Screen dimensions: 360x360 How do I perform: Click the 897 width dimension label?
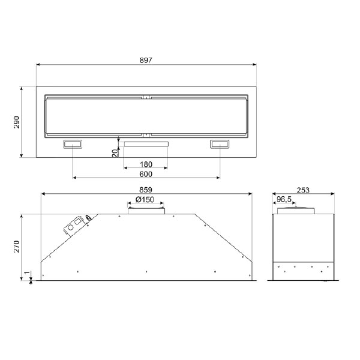tap(146, 60)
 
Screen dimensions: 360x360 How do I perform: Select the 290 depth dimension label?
tap(17, 122)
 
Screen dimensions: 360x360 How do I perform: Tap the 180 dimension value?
tap(146, 164)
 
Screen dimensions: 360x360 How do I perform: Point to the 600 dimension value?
tap(146, 174)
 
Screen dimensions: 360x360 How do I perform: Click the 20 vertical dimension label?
tap(115, 152)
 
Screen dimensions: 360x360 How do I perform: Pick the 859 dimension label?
tap(146, 190)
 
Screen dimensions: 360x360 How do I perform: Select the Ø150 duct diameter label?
tap(145, 200)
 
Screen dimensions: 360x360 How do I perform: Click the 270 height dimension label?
tap(17, 247)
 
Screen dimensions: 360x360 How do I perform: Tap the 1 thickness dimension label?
tap(27, 272)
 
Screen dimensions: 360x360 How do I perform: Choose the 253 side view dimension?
tap(303, 190)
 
